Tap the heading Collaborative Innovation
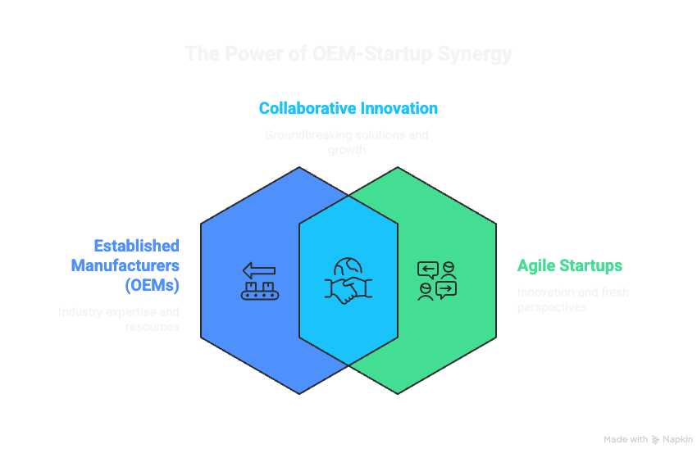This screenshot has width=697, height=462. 348,108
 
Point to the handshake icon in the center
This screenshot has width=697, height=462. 348,281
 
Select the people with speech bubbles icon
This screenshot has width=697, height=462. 436,281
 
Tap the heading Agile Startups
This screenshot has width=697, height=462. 569,265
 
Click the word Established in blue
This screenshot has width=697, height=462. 136,246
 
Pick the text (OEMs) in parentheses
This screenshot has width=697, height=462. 153,285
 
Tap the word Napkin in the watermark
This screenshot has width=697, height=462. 678,440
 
